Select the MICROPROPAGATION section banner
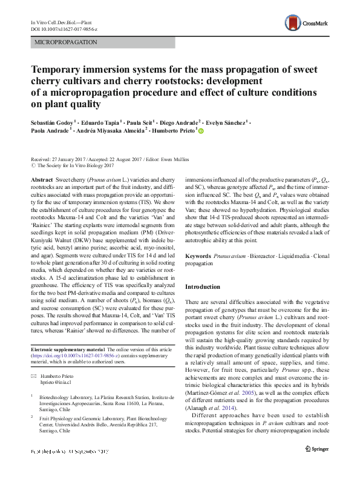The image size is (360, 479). point(68,43)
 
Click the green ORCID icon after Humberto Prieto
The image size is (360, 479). point(201,130)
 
